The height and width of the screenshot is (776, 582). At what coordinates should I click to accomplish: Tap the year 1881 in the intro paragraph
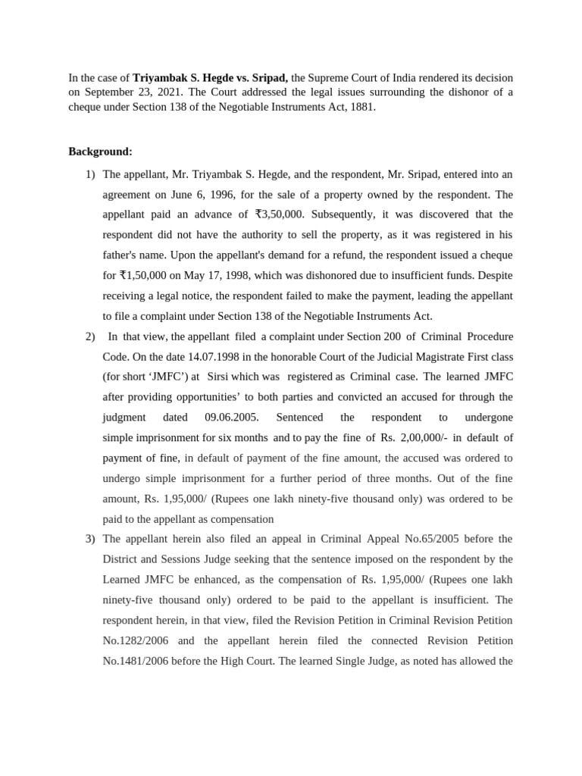pyautogui.click(x=361, y=108)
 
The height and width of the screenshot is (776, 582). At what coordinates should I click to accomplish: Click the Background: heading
pyautogui.click(x=100, y=152)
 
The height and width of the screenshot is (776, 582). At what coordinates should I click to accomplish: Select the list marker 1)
pyautogui.click(x=90, y=174)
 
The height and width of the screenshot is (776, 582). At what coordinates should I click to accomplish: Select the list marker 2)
pyautogui.click(x=90, y=336)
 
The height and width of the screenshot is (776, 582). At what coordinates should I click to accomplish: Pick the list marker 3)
pyautogui.click(x=90, y=539)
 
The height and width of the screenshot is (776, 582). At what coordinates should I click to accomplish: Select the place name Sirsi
pyautogui.click(x=220, y=377)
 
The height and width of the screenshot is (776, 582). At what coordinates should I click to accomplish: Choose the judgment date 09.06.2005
pyautogui.click(x=232, y=418)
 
